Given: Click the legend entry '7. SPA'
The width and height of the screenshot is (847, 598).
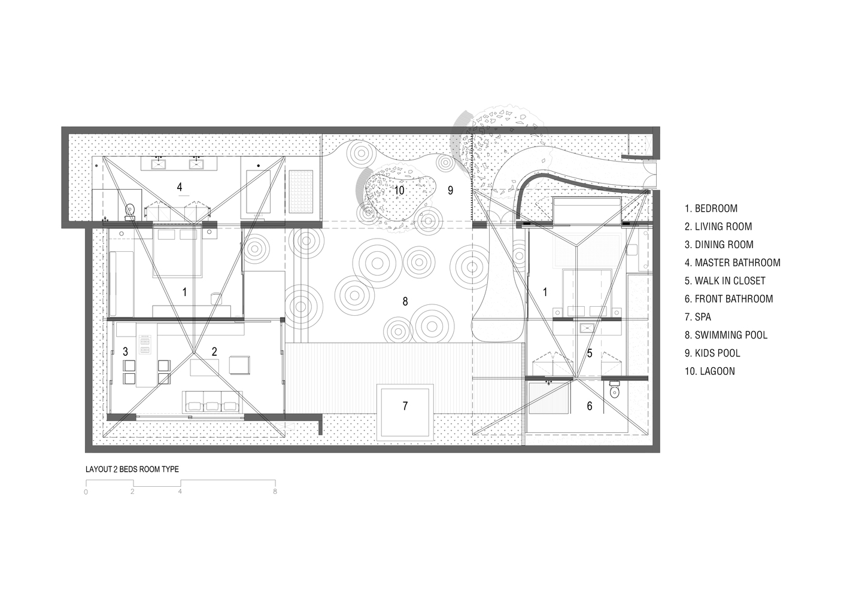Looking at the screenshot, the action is tap(697, 317).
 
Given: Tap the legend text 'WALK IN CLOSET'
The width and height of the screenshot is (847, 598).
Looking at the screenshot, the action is tap(730, 280).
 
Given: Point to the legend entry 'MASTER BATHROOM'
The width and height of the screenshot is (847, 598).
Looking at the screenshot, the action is tap(737, 263).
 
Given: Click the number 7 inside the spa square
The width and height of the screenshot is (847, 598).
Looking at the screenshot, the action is tap(405, 406).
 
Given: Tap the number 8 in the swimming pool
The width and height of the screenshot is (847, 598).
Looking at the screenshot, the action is tap(405, 301).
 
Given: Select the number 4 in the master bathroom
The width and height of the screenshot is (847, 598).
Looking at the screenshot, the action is tap(180, 187).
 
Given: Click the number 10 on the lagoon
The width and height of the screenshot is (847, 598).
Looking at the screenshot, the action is tap(399, 190).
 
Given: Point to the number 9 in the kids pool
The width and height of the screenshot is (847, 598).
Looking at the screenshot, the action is tap(450, 190).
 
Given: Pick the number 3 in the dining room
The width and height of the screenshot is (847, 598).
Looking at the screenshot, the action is tap(125, 352).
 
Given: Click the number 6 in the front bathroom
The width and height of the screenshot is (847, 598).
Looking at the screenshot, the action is tap(590, 406).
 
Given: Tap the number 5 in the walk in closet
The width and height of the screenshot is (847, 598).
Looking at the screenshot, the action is tap(590, 353).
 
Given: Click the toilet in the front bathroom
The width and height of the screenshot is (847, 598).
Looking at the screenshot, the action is tap(615, 390).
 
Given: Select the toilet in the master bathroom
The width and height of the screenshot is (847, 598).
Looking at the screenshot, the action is tap(130, 212).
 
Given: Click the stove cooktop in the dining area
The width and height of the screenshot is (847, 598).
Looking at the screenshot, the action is tap(144, 344).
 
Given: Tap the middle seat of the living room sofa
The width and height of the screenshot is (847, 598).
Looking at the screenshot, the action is tap(212, 406).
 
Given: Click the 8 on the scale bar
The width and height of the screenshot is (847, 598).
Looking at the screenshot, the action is tap(275, 492).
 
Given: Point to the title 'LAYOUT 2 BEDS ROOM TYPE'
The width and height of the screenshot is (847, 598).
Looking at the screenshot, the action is tap(132, 469).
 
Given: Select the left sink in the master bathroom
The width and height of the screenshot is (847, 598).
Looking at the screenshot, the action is tap(158, 164).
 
